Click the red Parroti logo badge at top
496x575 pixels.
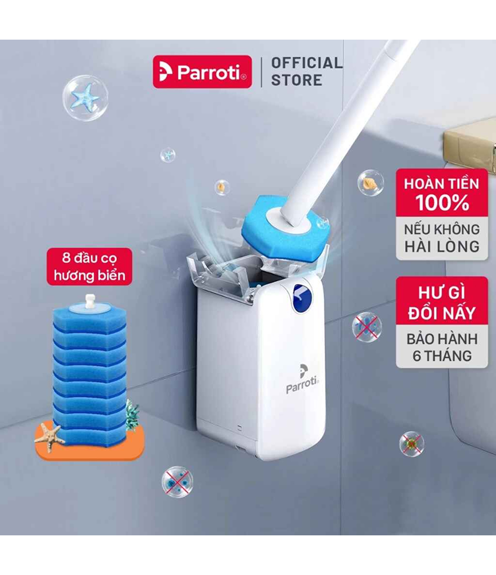[202, 72]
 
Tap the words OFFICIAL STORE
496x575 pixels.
[307, 71]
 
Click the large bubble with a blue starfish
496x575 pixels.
[85, 98]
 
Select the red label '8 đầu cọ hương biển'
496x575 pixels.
[89, 267]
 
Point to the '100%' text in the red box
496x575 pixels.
[442, 202]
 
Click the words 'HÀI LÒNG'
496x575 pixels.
[442, 246]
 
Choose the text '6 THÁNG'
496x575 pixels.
[442, 356]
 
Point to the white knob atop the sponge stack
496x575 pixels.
[90, 301]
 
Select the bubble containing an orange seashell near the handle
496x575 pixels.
[371, 182]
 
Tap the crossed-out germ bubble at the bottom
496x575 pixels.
[177, 482]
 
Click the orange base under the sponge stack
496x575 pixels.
[90, 445]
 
